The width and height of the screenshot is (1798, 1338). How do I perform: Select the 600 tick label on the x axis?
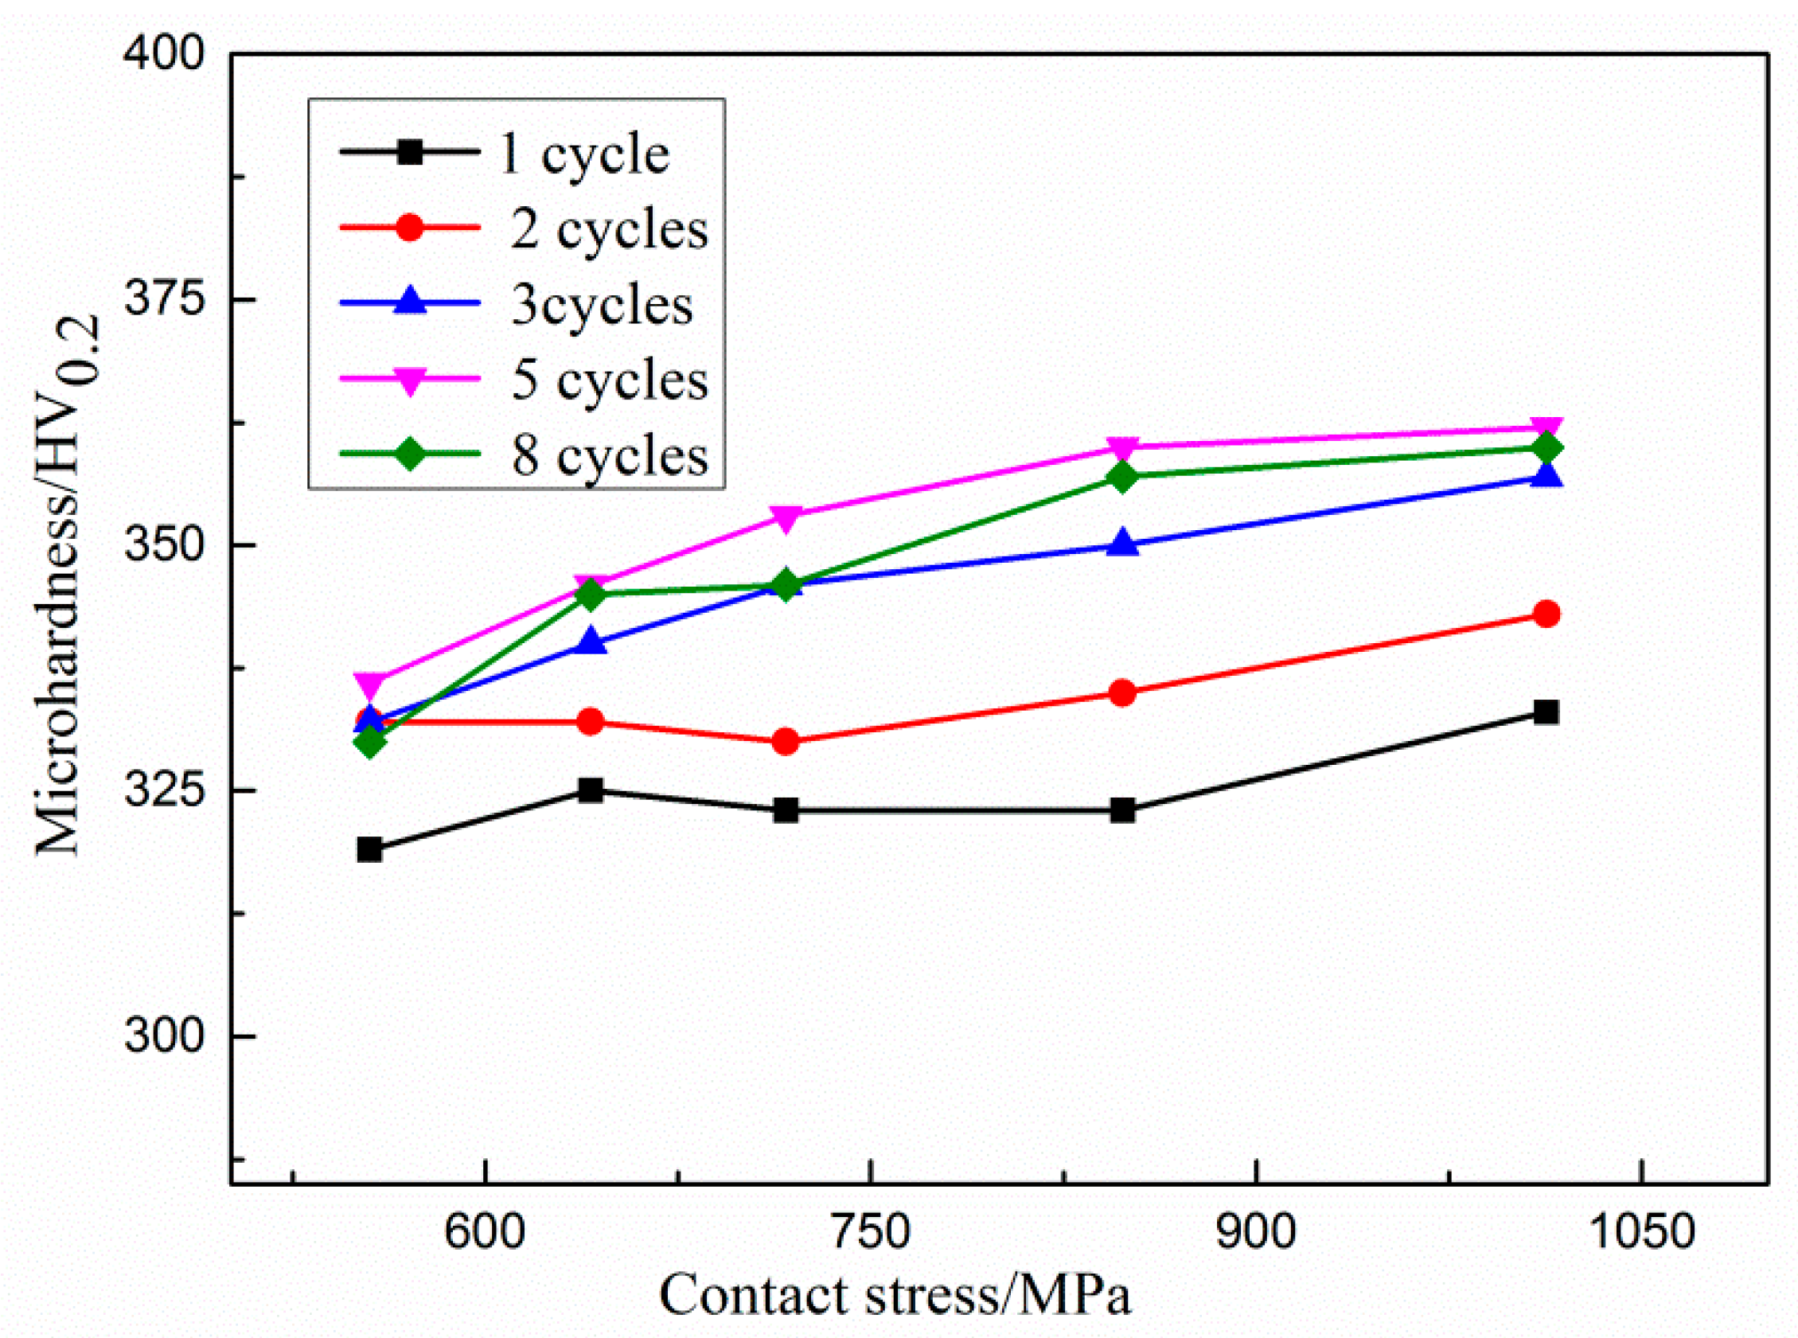(485, 1232)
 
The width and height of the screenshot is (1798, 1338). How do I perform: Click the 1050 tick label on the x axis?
(1641, 1232)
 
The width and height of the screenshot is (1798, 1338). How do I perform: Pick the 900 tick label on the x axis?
(1255, 1232)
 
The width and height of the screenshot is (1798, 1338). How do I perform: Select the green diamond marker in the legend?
(411, 453)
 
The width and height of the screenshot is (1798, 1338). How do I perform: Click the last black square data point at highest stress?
(1546, 712)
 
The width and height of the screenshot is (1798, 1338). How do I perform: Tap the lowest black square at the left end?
(369, 849)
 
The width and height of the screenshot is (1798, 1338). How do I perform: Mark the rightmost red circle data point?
(1546, 614)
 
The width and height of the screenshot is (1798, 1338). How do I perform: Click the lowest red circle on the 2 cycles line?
(785, 741)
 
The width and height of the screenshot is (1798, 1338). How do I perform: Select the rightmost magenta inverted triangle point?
(1546, 429)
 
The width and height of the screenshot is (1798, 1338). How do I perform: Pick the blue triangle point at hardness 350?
(1121, 544)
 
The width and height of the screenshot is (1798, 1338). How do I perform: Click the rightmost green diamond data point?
(1546, 448)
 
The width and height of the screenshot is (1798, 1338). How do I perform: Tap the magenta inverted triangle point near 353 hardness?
(785, 517)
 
